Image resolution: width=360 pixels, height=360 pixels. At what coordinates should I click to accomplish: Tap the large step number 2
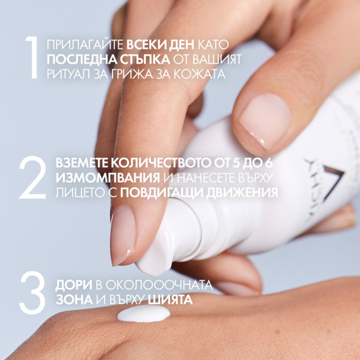(32, 175)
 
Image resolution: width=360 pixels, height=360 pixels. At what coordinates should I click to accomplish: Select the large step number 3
(32, 291)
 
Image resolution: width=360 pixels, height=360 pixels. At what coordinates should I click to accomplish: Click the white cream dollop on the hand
(144, 314)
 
